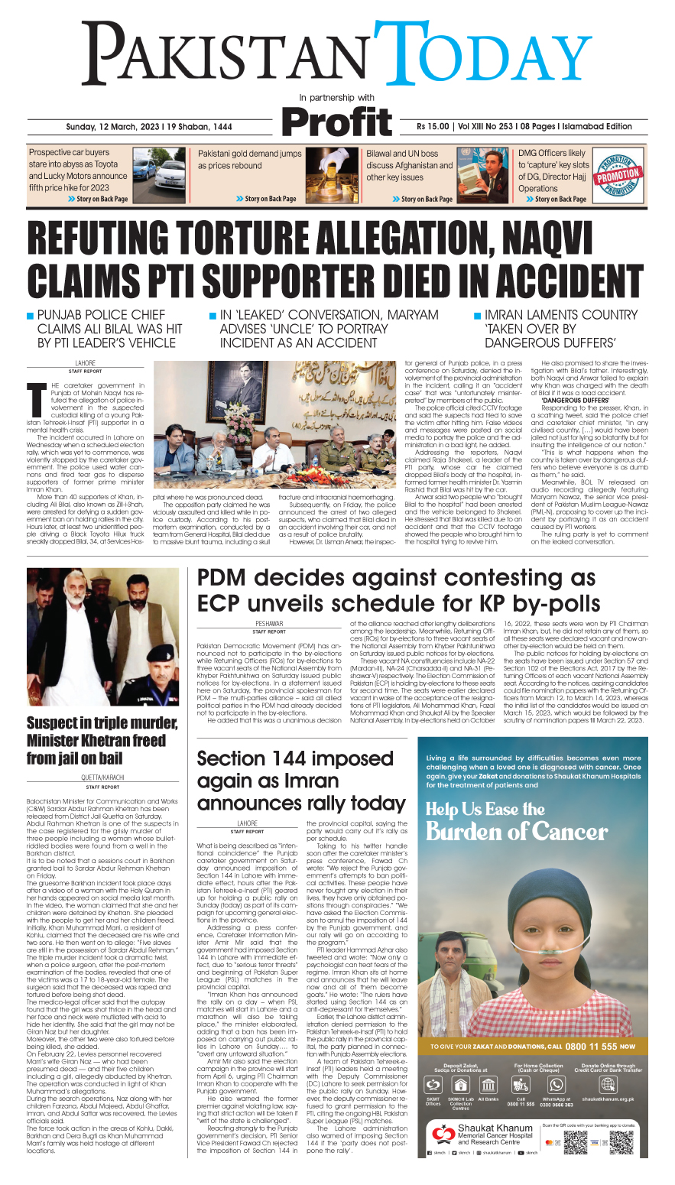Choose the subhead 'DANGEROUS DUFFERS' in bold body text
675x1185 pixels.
pos(575,400)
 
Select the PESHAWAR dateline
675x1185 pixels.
pos(269,624)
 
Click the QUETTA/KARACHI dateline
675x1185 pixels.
pos(102,777)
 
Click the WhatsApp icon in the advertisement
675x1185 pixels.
pos(556,1085)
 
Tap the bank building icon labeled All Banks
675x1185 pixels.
pos(488,1086)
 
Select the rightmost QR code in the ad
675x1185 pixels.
pos(621,1142)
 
